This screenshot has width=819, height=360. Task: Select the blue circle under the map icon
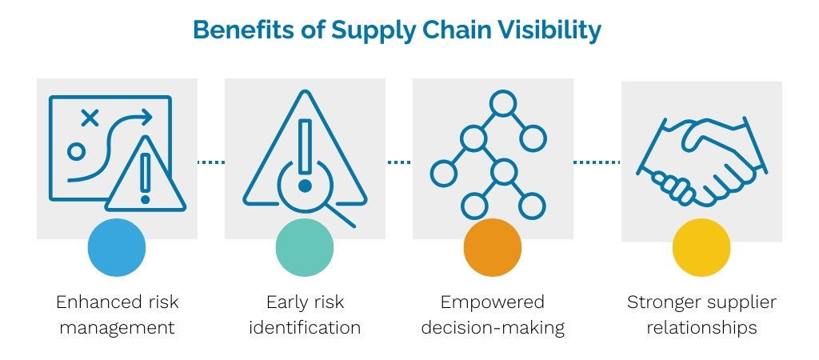point(117,248)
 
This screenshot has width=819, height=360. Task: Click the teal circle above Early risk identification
point(305,248)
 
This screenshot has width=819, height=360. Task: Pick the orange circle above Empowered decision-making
point(493,248)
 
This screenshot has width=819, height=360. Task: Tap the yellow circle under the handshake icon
point(701,248)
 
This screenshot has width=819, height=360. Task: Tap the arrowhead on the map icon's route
point(146,118)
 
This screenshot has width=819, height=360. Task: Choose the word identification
point(305,328)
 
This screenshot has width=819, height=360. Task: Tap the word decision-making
point(493,328)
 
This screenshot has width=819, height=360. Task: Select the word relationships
point(701,328)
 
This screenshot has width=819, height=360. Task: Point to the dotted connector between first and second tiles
point(210,162)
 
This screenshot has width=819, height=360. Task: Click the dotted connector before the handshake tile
point(597,162)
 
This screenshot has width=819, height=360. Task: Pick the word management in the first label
point(117,328)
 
